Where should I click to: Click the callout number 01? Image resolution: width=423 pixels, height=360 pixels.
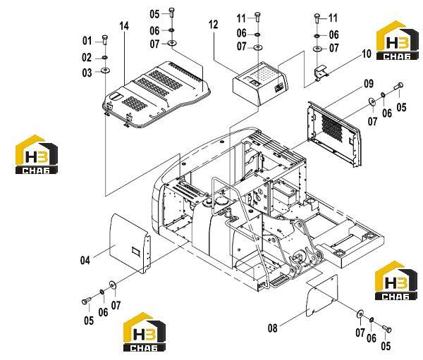(87, 41)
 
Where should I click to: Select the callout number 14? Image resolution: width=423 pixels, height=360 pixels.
(124, 26)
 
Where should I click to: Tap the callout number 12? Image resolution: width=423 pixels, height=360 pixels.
(213, 25)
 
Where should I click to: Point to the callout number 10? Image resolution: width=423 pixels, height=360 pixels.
(367, 54)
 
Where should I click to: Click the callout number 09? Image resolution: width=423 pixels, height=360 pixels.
(369, 84)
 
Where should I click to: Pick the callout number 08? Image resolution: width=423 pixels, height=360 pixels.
(272, 328)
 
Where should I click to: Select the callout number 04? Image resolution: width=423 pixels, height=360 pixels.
(85, 261)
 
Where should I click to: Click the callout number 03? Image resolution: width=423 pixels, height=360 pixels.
(87, 73)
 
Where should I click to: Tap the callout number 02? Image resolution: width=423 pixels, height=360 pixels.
(87, 58)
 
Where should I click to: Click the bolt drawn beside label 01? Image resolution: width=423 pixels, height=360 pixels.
(105, 40)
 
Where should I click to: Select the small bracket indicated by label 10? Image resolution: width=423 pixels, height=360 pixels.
(321, 73)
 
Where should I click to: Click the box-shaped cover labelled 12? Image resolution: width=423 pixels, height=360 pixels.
(260, 84)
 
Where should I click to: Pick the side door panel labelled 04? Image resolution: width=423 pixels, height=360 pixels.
(130, 242)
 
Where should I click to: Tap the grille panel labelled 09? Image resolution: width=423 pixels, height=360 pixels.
(334, 134)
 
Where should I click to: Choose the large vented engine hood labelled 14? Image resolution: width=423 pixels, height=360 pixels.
(157, 94)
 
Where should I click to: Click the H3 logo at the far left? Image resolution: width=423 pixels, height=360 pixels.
(37, 154)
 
